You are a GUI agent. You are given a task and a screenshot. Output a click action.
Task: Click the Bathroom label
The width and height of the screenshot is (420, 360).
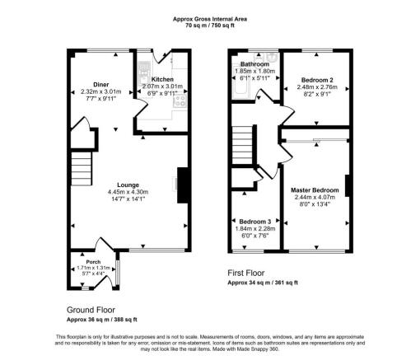pyautogui.click(x=254, y=64)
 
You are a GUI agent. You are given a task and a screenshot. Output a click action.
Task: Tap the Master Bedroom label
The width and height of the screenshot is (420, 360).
pyautogui.click(x=314, y=190)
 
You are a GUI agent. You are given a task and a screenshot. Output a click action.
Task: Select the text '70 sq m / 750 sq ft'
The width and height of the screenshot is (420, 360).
pyautogui.click(x=210, y=25)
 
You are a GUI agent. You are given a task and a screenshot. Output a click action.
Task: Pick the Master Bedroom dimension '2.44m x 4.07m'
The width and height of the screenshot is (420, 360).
pyautogui.click(x=314, y=198)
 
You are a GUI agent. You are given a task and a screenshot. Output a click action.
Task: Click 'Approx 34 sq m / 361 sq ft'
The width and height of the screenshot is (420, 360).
pyautogui.click(x=263, y=282)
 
